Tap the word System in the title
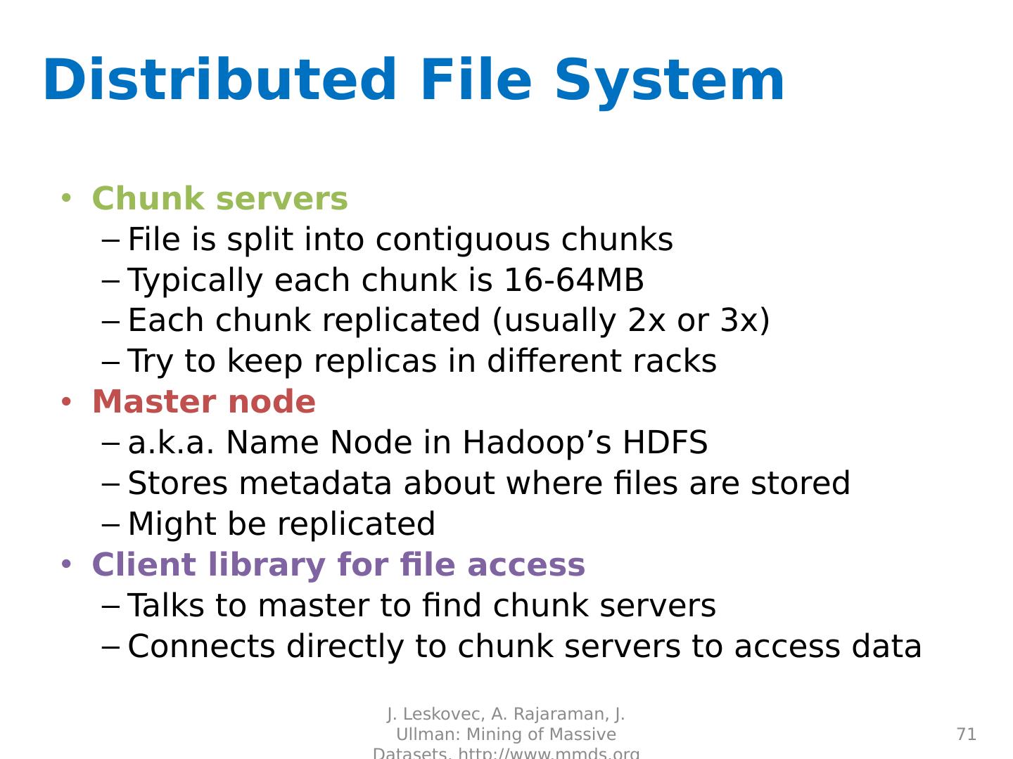(669, 82)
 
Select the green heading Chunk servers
(219, 199)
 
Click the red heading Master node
(203, 402)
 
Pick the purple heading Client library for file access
(338, 565)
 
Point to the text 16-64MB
(573, 280)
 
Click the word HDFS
(665, 443)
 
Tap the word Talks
(166, 606)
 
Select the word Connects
(201, 647)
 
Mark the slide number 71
(967, 734)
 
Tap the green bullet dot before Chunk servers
(66, 197)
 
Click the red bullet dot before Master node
(66, 401)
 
